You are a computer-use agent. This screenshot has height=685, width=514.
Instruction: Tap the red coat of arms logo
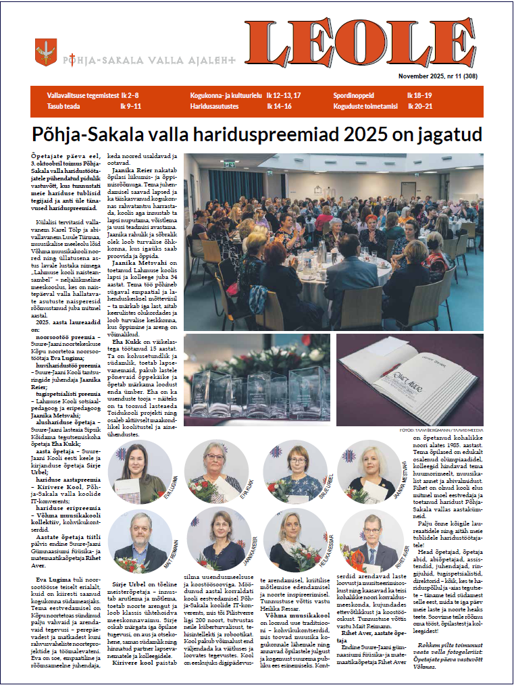pos(45,51)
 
